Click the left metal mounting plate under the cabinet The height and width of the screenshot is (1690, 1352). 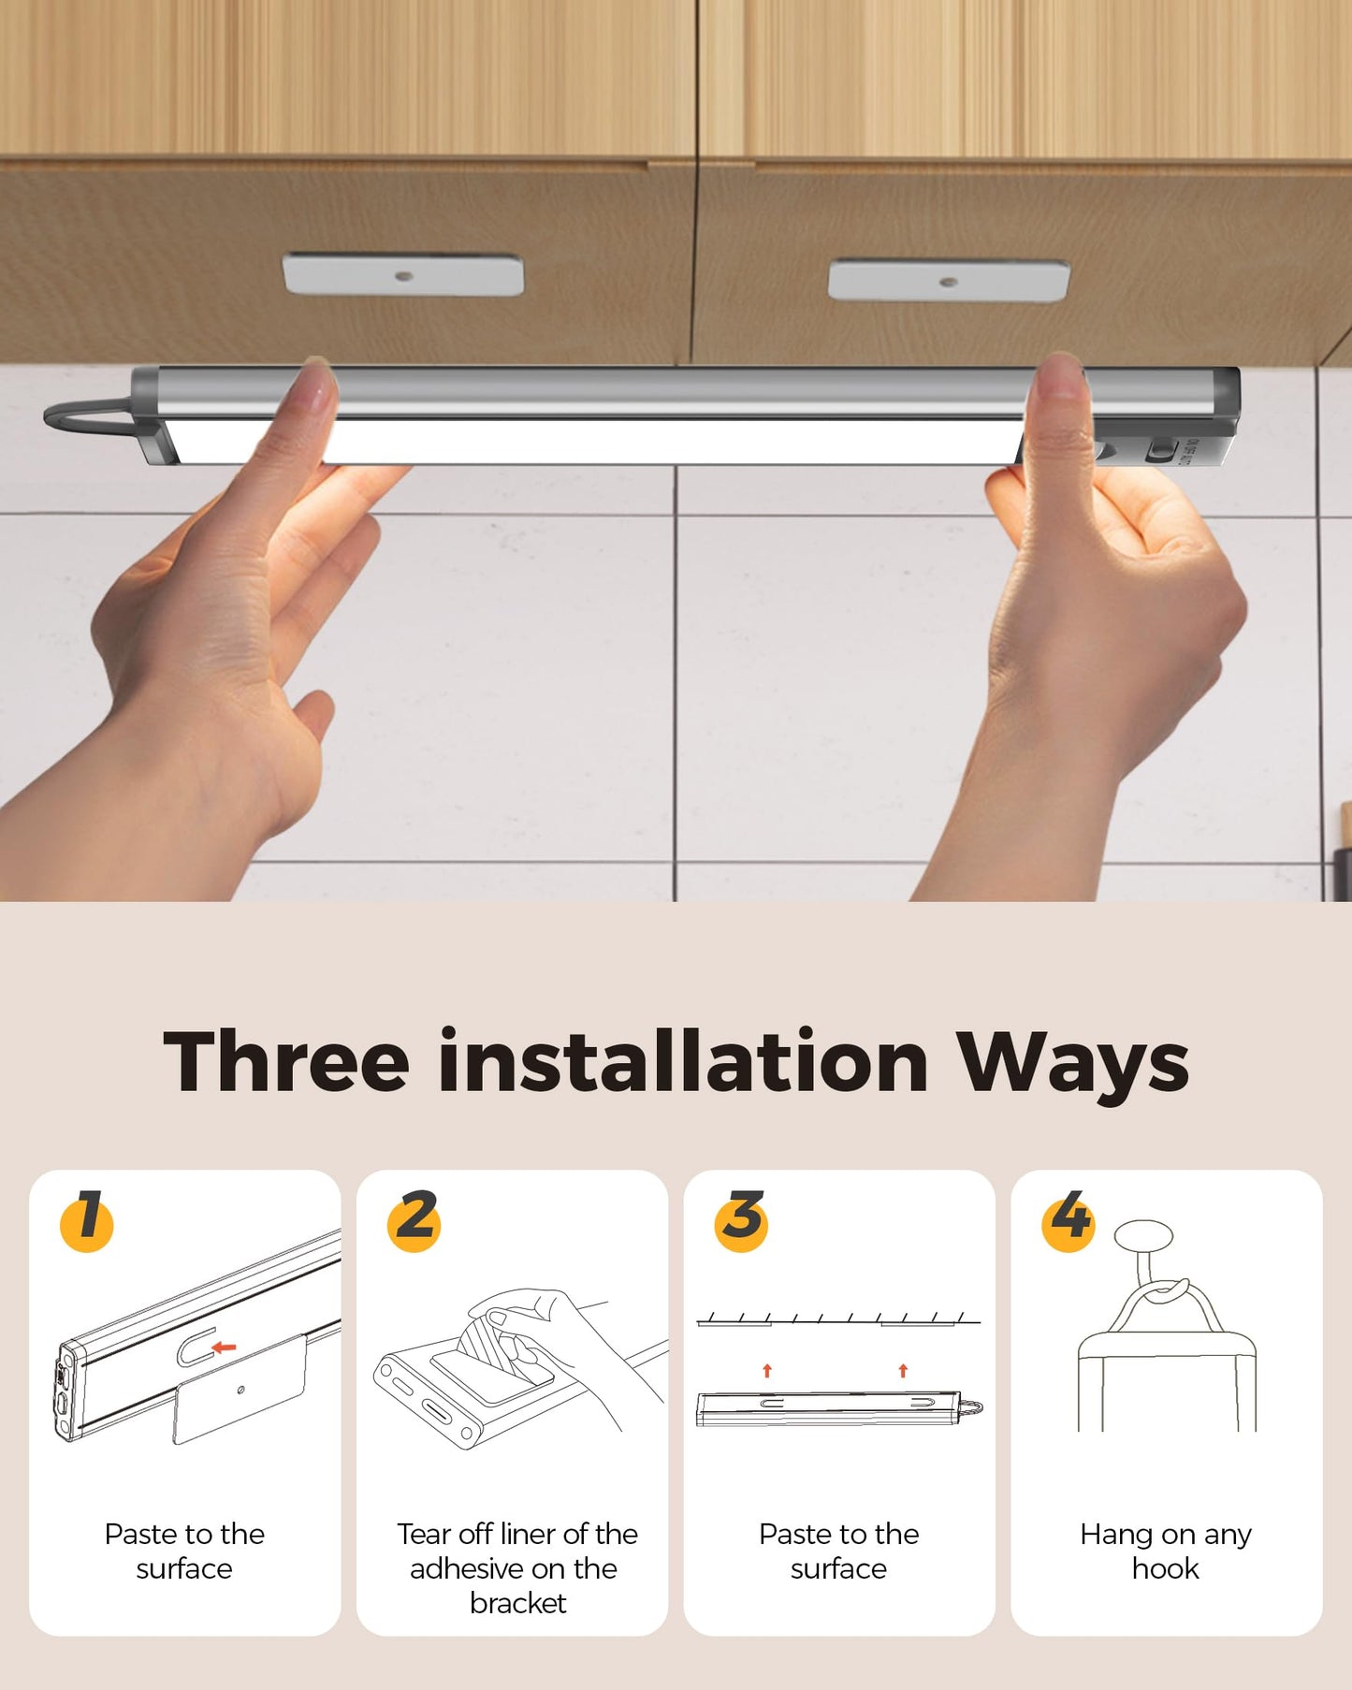403,274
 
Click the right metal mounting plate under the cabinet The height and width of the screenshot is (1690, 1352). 949,280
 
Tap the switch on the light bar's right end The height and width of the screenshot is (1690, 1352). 1161,450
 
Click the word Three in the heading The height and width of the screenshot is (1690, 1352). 286,1062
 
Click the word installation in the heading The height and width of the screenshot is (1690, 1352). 683,1062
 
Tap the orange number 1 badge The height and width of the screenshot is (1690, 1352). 87,1219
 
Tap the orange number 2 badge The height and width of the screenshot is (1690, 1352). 414,1219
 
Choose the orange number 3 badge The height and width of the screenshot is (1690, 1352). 742,1219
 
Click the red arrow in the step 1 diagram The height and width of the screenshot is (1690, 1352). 224,1348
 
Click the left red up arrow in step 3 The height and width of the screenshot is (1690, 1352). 767,1371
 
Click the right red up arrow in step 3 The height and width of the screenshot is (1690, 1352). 903,1371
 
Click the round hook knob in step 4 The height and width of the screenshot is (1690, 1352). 1143,1235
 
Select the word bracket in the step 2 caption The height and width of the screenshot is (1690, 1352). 517,1603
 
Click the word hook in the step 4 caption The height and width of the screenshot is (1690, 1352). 1165,1568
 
